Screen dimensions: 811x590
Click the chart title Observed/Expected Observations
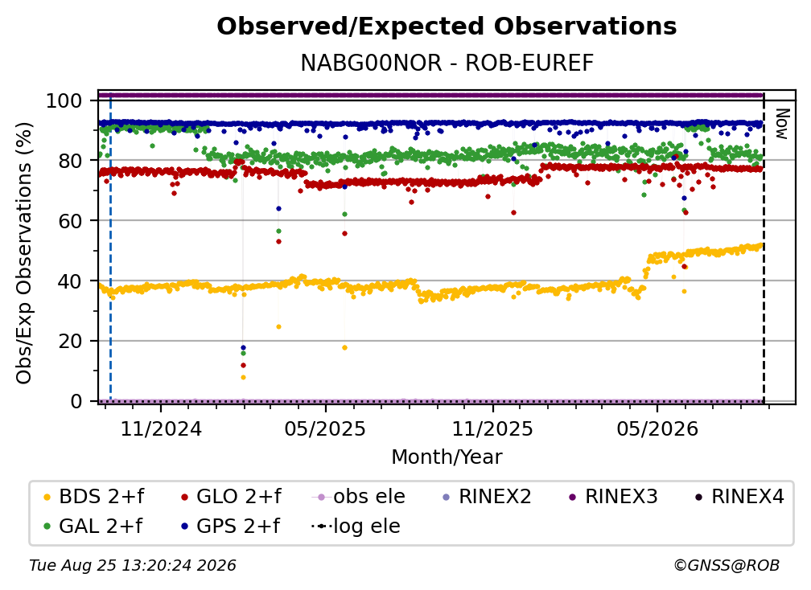[x=447, y=27]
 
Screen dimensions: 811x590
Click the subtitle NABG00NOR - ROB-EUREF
[x=447, y=63]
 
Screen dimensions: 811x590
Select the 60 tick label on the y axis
[x=70, y=220]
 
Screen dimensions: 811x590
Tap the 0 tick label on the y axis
[x=76, y=401]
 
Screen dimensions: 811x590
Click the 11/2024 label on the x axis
[x=161, y=428]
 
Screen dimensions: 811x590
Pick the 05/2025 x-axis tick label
[x=325, y=428]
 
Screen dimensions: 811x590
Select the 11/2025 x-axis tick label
[x=492, y=428]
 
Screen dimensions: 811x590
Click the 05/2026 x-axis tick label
[x=657, y=428]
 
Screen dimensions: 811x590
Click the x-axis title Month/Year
[x=447, y=457]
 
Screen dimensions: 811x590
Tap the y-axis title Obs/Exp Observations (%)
[x=24, y=253]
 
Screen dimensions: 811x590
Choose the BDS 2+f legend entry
[x=93, y=497]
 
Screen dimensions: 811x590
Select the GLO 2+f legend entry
[x=231, y=497]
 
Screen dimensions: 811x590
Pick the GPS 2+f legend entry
[x=230, y=526]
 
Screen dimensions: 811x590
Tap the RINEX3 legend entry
[x=613, y=497]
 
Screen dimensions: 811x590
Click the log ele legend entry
[x=356, y=526]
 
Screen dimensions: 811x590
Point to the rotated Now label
[x=781, y=124]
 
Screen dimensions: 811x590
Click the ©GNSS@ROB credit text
[x=727, y=565]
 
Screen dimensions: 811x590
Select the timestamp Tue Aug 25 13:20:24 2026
[x=133, y=565]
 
